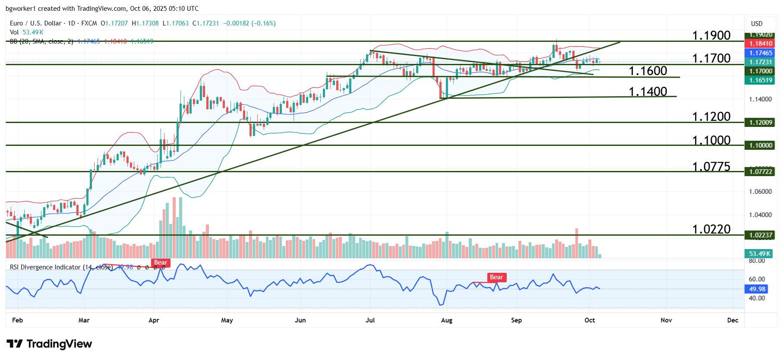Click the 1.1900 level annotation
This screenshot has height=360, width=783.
[x=711, y=35]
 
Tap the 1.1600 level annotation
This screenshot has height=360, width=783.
[x=647, y=71]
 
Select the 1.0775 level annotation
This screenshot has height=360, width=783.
[x=711, y=167]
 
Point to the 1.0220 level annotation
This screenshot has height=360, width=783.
[x=711, y=229]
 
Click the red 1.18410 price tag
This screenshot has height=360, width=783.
[x=761, y=44]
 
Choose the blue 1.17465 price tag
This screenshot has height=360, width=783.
[x=761, y=53]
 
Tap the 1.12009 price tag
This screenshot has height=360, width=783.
[x=761, y=123]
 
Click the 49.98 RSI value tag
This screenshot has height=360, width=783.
[x=757, y=289]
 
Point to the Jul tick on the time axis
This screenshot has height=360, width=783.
[x=370, y=320]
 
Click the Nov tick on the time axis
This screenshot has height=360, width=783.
[x=666, y=320]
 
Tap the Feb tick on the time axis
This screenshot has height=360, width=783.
[x=17, y=320]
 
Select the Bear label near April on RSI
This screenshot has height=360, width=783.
[x=161, y=262]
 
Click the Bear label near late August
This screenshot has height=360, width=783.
[x=496, y=277]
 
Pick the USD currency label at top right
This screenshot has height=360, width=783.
[x=757, y=24]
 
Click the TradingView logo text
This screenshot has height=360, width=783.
[x=59, y=344]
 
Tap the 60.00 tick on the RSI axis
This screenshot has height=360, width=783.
[x=757, y=279]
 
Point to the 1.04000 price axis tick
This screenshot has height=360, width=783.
[x=760, y=215]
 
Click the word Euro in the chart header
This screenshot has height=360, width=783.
[x=16, y=23]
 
